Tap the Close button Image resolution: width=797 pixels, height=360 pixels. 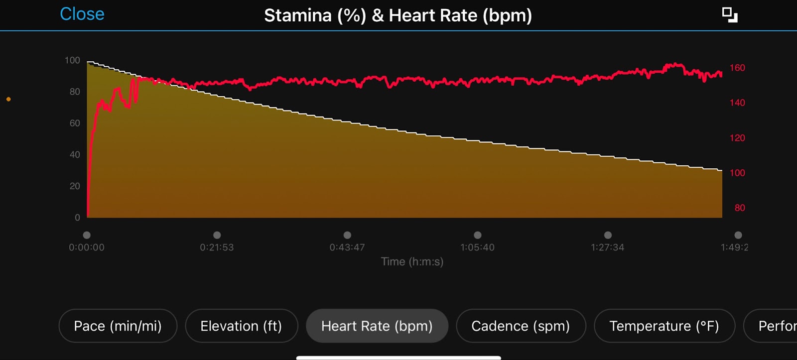82,14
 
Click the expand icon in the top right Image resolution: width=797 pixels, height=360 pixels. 730,15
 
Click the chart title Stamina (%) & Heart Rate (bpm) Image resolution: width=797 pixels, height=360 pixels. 398,15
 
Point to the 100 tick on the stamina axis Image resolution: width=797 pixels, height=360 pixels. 72,60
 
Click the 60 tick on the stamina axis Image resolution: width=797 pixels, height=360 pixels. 75,123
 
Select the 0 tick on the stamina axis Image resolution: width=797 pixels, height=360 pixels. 77,218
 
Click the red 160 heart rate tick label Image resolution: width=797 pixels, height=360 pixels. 737,68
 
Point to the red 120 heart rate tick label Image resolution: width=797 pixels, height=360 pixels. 737,138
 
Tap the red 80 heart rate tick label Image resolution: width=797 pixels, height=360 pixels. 740,208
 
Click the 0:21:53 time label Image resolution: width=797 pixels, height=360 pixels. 217,247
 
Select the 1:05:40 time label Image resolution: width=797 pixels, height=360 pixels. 477,247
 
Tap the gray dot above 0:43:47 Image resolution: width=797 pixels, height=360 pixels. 347,235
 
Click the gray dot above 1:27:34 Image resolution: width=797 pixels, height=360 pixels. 608,235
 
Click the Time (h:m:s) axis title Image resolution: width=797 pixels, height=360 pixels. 412,262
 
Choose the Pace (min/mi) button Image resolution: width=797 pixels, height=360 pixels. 118,326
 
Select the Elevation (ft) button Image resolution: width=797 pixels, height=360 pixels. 241,326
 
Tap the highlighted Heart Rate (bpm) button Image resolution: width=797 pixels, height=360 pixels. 377,326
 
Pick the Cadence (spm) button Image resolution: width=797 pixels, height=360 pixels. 521,326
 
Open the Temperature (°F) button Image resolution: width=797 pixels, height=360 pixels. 664,326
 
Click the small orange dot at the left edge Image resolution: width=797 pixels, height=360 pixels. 8,99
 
